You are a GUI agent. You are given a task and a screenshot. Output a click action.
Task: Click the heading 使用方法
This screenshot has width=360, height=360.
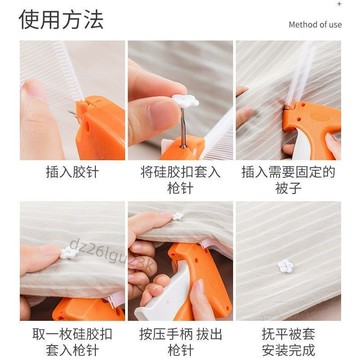click(x=62, y=19)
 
